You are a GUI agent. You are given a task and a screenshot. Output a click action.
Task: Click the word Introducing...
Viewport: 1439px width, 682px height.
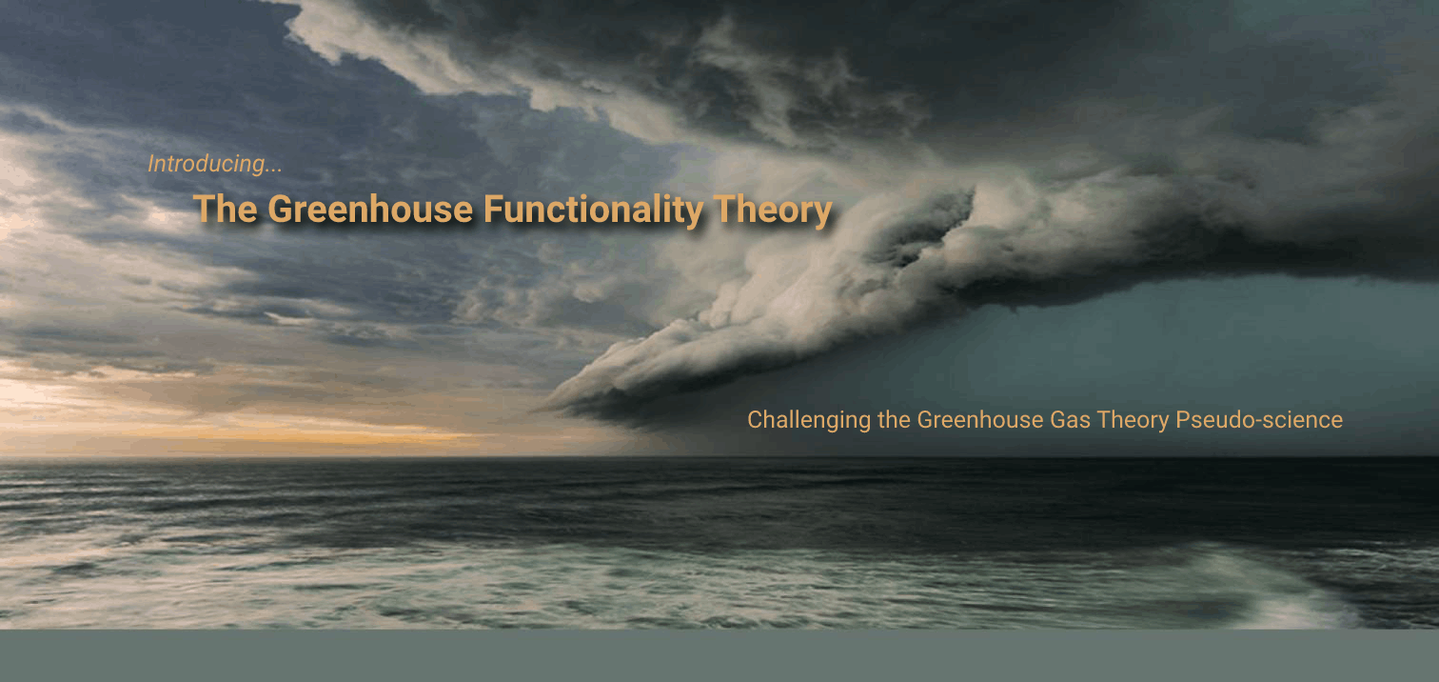(x=206, y=165)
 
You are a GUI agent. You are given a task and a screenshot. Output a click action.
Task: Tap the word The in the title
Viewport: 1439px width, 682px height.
(x=225, y=209)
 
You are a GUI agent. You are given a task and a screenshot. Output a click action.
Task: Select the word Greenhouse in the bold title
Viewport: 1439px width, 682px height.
(x=370, y=209)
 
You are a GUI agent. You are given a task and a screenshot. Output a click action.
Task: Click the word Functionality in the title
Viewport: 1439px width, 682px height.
(x=593, y=211)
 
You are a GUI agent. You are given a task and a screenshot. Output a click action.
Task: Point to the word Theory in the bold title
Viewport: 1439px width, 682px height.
(x=773, y=211)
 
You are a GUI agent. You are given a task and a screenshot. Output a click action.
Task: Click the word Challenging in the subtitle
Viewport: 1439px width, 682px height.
(x=809, y=421)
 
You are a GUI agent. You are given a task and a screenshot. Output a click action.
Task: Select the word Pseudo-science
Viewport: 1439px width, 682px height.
(x=1259, y=420)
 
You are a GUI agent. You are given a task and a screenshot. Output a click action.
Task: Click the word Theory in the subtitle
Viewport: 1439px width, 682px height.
(x=1133, y=421)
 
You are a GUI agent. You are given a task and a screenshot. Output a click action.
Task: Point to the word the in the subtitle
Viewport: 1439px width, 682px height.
(x=895, y=420)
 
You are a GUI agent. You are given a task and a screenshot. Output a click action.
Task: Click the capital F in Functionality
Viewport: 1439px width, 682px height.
(x=493, y=209)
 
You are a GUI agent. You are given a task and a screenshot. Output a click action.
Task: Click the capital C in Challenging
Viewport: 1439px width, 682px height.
(x=756, y=420)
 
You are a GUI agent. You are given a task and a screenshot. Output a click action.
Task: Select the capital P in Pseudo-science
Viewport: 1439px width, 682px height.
(x=1183, y=420)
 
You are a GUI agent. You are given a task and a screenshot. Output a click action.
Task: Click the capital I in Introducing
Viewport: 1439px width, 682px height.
(x=151, y=164)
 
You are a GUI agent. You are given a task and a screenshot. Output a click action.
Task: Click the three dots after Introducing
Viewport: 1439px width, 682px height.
(x=274, y=171)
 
